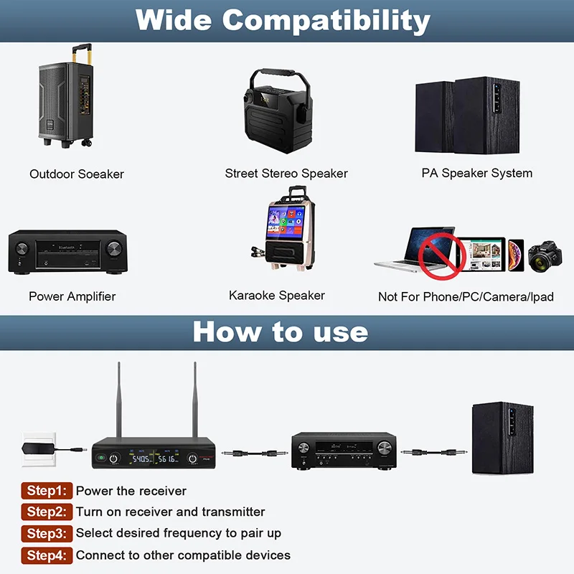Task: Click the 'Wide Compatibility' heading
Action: point(283,20)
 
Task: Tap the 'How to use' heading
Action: point(281,331)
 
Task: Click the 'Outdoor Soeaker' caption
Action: point(77,174)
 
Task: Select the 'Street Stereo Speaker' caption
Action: point(286,174)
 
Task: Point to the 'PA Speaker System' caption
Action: point(477,173)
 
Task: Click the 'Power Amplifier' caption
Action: point(72,296)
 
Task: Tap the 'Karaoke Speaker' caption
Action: point(277,296)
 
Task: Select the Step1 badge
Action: point(47,491)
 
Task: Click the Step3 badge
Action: point(47,533)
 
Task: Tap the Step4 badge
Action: point(47,555)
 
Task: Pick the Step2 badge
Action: point(47,512)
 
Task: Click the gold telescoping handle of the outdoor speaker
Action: point(81,55)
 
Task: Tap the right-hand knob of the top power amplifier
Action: point(113,249)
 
